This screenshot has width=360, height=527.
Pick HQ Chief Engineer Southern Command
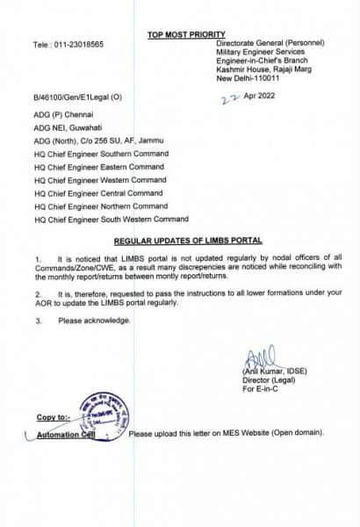click(99, 155)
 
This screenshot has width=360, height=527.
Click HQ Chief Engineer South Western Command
click(111, 219)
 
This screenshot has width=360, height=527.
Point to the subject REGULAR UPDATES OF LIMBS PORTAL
click(187, 240)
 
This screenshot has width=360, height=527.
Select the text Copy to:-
click(54, 416)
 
